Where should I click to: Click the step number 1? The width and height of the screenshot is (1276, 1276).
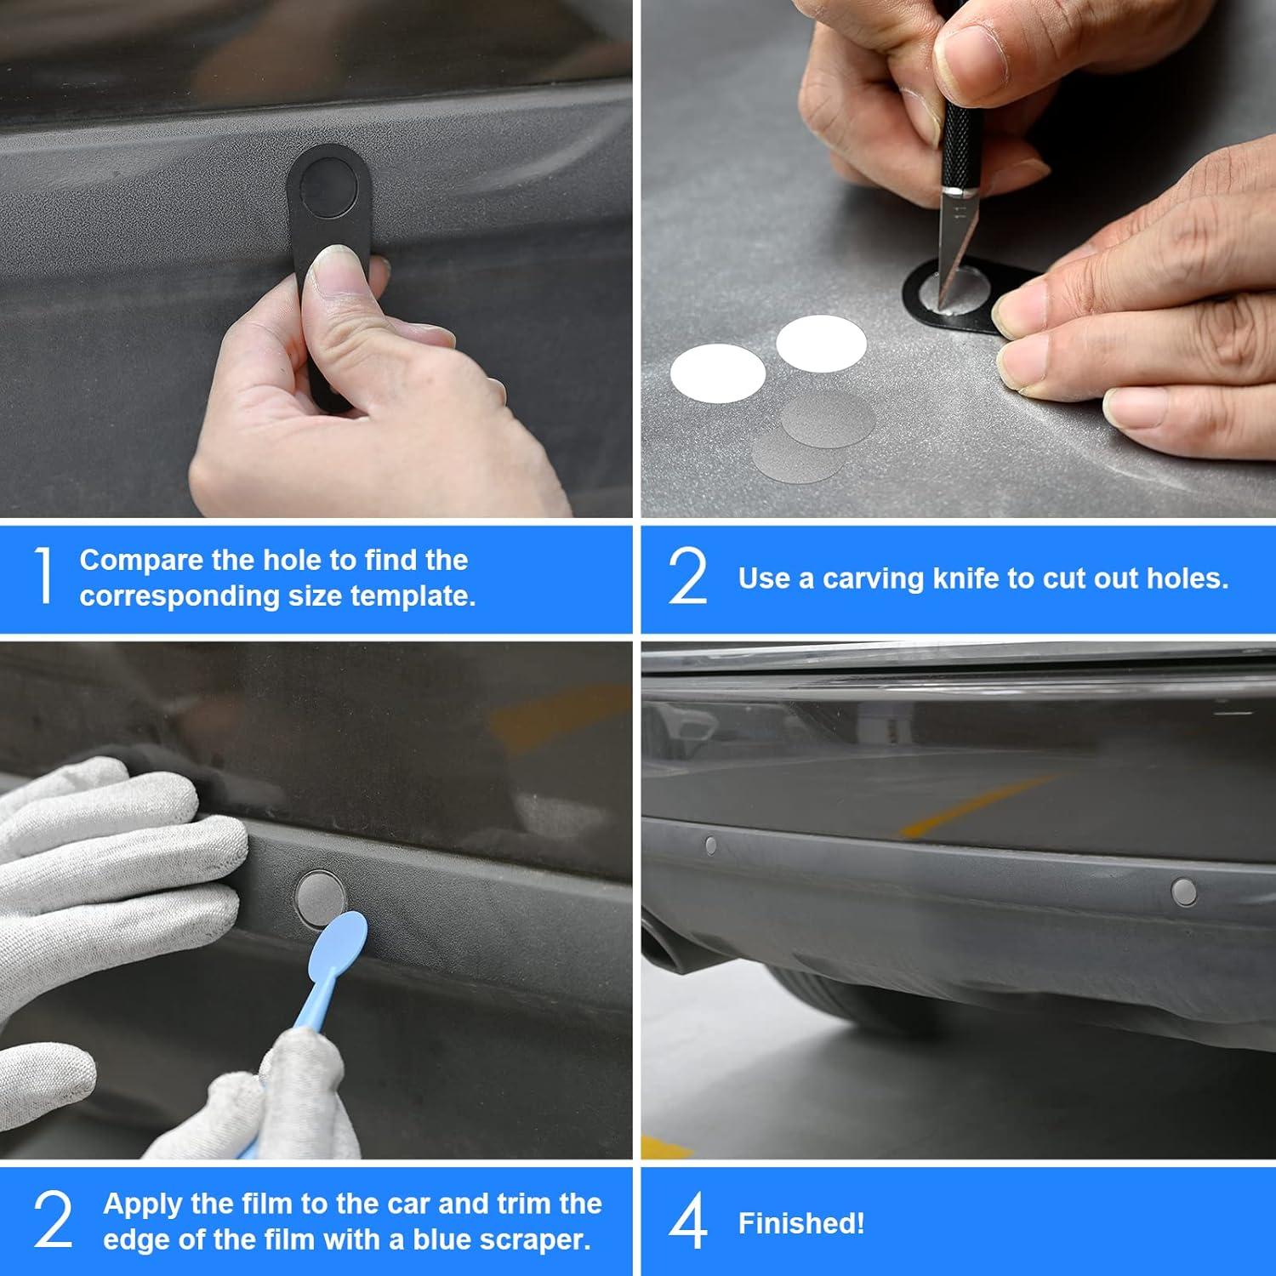(44, 576)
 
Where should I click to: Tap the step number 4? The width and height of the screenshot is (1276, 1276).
(687, 1222)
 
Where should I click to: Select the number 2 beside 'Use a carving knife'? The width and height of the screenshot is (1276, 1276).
(687, 576)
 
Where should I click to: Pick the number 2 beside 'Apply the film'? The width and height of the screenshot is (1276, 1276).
(53, 1220)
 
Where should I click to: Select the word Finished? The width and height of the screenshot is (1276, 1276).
(801, 1223)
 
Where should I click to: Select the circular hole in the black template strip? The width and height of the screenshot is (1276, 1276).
(329, 184)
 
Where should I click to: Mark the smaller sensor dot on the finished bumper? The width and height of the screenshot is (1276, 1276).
(710, 846)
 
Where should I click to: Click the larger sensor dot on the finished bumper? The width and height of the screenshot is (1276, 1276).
(1183, 891)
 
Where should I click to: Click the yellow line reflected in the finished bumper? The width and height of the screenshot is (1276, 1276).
(978, 806)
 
